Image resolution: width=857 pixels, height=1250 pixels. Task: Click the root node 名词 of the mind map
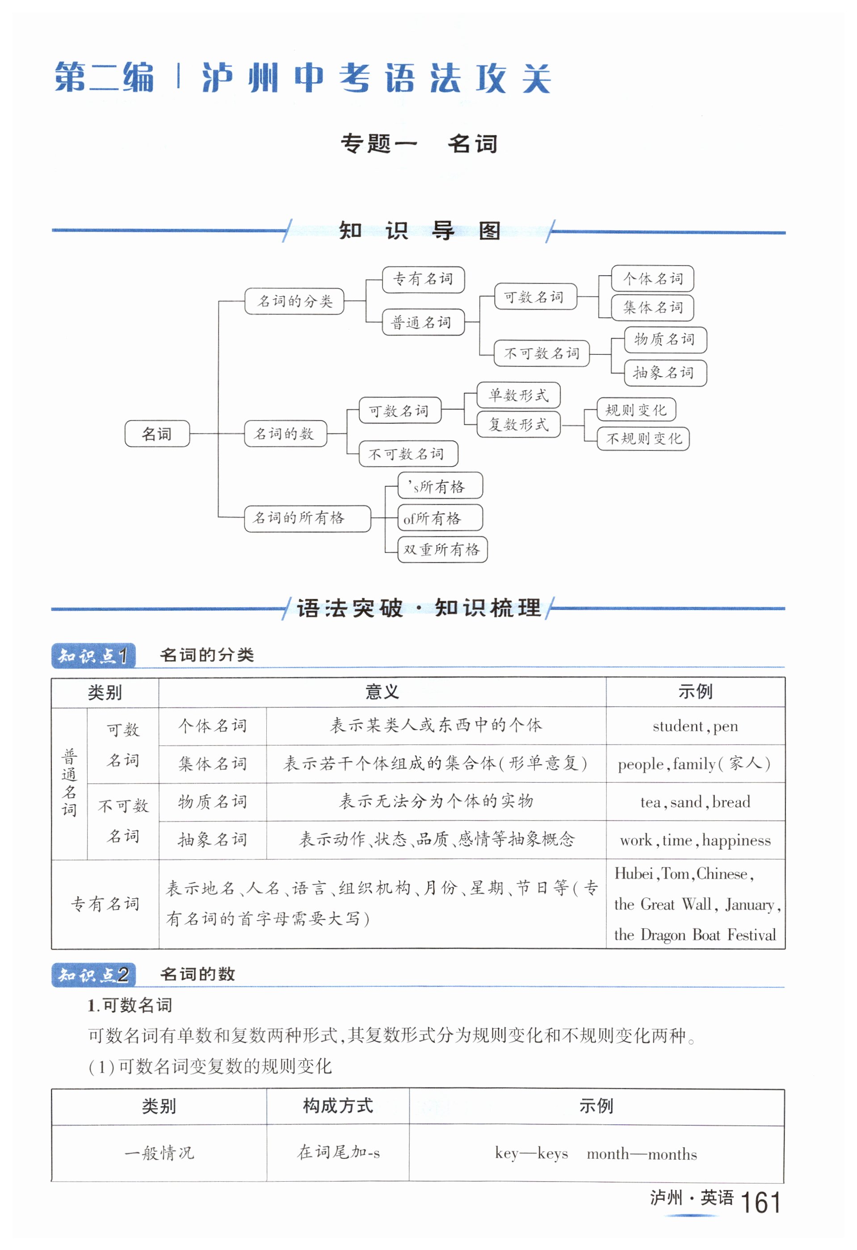pyautogui.click(x=157, y=434)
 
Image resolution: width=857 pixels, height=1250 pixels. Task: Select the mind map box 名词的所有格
pyautogui.click(x=307, y=518)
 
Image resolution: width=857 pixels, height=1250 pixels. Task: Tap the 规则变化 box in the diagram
pyautogui.click(x=635, y=410)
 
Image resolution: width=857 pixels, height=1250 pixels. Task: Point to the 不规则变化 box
pyautogui.click(x=643, y=438)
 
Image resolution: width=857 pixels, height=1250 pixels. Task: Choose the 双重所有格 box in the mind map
pyautogui.click(x=442, y=549)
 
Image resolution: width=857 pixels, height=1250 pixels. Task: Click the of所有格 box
pyautogui.click(x=439, y=518)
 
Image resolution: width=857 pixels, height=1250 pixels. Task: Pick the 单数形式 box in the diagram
pyautogui.click(x=518, y=396)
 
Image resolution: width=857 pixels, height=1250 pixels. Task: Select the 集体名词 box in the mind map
pyautogui.click(x=652, y=307)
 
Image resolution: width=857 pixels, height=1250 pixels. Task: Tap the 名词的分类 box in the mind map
pyautogui.click(x=294, y=301)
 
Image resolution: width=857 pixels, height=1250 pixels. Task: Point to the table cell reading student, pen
pyautogui.click(x=695, y=726)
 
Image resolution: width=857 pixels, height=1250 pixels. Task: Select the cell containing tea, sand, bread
pyautogui.click(x=695, y=802)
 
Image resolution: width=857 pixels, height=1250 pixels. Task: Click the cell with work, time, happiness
pyautogui.click(x=695, y=840)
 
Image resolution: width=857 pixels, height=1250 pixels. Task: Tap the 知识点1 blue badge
pyautogui.click(x=93, y=656)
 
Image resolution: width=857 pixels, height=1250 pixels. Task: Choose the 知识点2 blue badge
pyautogui.click(x=93, y=975)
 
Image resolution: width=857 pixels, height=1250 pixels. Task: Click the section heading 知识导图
pyautogui.click(x=420, y=231)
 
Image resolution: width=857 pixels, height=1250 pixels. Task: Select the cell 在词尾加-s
pyautogui.click(x=338, y=1152)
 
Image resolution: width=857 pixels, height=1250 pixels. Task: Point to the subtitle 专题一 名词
pyautogui.click(x=420, y=143)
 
